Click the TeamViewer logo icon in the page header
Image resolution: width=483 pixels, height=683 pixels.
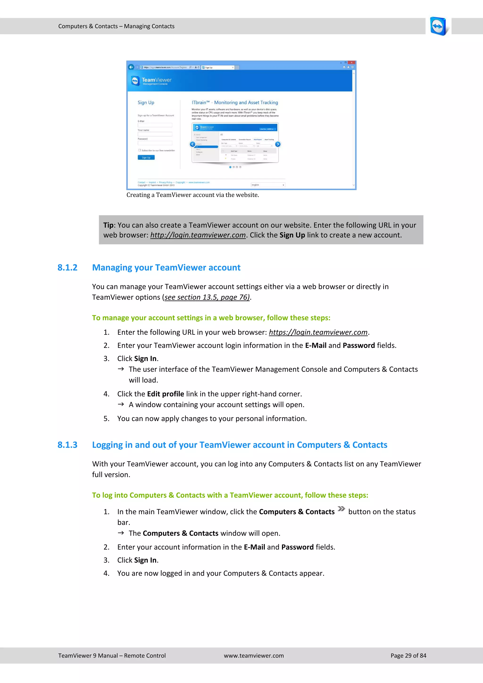[x=438, y=26]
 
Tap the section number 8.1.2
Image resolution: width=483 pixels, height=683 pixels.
[x=67, y=267]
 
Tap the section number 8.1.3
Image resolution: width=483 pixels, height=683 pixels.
[x=67, y=445]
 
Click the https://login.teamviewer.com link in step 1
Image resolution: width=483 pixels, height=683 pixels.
[x=318, y=332]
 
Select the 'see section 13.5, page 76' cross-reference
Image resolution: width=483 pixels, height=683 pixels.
[x=207, y=297]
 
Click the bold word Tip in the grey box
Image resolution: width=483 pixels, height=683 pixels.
[x=108, y=225]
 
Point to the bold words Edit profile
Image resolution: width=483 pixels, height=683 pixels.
[x=165, y=394]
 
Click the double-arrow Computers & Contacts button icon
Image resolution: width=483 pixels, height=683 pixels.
[x=341, y=509]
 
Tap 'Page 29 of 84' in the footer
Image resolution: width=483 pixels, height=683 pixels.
[x=408, y=655]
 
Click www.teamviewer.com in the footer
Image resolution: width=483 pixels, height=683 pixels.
[x=254, y=655]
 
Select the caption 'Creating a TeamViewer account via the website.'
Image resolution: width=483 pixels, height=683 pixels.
[x=192, y=195]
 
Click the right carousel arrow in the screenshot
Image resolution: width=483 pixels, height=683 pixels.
[x=278, y=144]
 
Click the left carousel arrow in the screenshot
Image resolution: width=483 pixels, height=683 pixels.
[x=192, y=144]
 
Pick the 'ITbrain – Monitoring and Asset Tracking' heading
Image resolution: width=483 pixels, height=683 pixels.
[x=235, y=102]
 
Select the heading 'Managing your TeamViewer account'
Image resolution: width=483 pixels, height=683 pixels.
[x=166, y=267]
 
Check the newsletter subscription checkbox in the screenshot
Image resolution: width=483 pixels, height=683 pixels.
[x=139, y=150]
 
